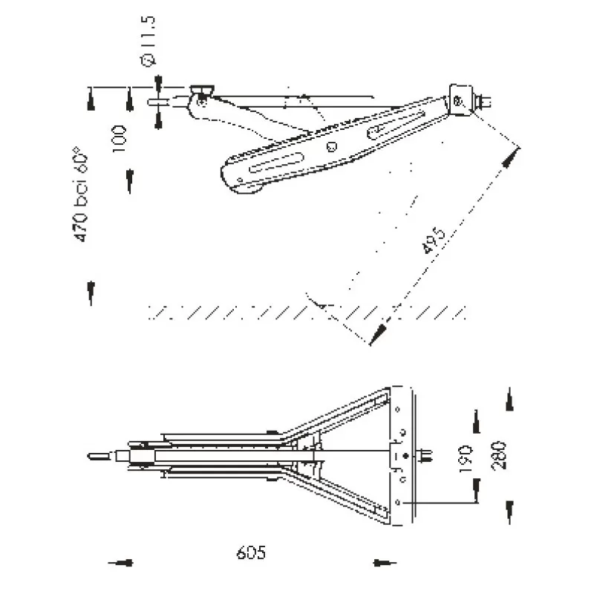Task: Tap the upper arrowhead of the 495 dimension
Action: click(511, 156)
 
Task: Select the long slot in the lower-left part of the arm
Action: click(276, 163)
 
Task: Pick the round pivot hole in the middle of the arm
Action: click(332, 146)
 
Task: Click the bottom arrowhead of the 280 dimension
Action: click(509, 511)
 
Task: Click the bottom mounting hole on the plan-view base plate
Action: click(401, 502)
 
